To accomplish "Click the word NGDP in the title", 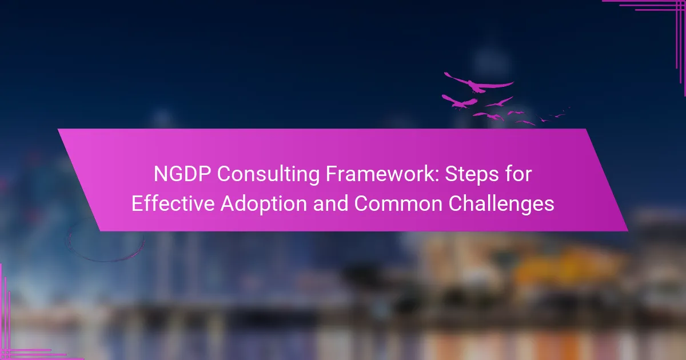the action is coord(182,174).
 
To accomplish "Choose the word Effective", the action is coord(173,203).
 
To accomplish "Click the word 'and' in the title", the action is coord(330,203).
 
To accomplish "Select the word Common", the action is coord(398,203).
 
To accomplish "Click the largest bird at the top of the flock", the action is coord(478,83).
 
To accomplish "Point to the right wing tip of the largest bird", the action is coord(513,82).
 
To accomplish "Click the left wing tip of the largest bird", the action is coord(445,73).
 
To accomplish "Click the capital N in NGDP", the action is coord(160,174).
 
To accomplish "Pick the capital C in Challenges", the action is coord(456,203).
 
